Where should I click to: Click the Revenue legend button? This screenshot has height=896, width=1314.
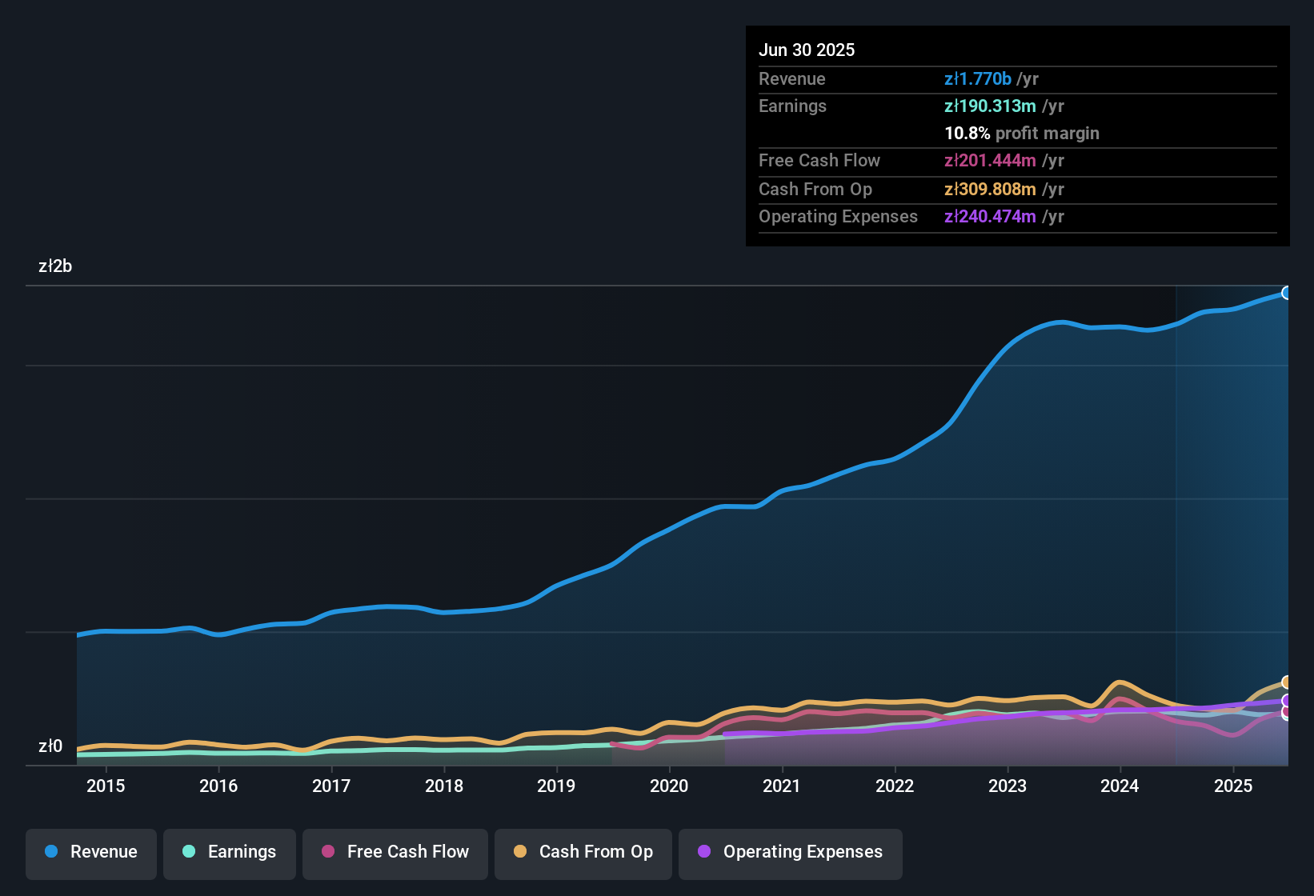tap(91, 852)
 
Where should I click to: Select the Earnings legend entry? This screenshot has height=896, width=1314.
tap(230, 852)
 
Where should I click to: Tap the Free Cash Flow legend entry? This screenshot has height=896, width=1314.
tap(395, 852)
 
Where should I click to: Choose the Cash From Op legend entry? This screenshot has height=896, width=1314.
tap(583, 852)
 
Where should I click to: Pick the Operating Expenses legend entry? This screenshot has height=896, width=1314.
tap(791, 852)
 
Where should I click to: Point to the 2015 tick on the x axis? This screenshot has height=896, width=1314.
tap(106, 786)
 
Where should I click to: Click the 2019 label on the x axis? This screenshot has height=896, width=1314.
tap(556, 786)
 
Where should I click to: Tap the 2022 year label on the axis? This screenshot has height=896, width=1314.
tap(895, 786)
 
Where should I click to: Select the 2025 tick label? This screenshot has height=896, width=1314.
tap(1233, 786)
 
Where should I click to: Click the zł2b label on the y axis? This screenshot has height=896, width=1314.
tap(55, 266)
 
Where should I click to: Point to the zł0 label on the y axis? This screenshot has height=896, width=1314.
tap(50, 746)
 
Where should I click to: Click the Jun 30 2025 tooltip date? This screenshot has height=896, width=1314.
tap(807, 50)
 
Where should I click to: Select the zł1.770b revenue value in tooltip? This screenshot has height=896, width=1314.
tap(978, 78)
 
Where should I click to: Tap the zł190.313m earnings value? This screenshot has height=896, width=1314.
tap(990, 106)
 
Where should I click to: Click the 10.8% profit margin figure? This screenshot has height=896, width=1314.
tap(967, 133)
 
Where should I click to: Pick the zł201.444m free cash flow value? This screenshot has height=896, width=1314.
tap(990, 160)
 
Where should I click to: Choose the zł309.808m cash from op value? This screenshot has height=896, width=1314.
tap(990, 189)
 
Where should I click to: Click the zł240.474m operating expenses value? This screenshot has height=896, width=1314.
tap(990, 216)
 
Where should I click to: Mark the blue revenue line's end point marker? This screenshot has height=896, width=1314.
tap(1287, 293)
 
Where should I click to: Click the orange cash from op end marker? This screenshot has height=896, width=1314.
tap(1287, 682)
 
